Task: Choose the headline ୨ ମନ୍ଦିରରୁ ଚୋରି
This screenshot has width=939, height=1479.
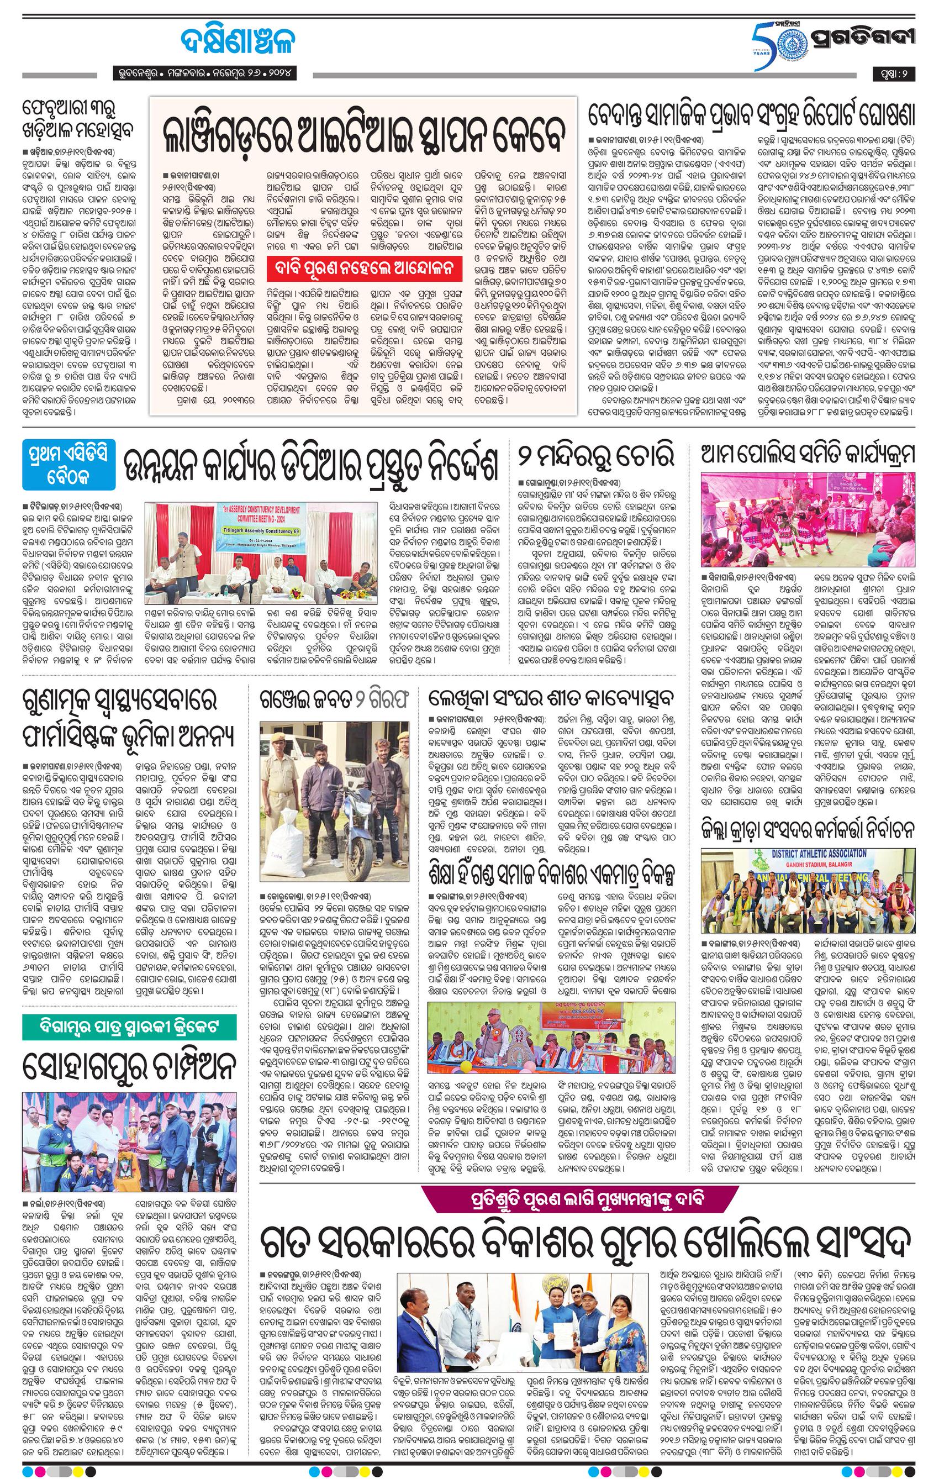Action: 595,455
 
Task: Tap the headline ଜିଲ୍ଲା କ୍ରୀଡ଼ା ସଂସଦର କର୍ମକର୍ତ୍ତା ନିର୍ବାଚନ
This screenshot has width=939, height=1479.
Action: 808,829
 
